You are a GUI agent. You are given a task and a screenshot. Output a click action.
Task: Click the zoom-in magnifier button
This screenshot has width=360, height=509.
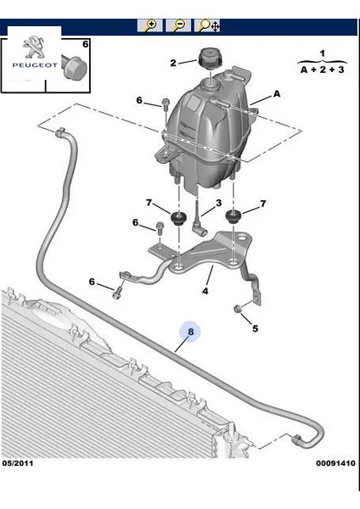point(149,25)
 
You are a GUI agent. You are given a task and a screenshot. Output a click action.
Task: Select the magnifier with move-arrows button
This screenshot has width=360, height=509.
point(207,25)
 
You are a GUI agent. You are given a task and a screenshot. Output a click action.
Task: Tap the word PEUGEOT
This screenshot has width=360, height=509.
point(35,65)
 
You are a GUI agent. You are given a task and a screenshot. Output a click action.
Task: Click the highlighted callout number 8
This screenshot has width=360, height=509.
point(190,332)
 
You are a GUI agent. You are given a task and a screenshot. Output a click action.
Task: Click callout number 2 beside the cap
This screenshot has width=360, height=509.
point(173,63)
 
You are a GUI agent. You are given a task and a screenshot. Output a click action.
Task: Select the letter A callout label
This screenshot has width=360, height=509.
point(277,94)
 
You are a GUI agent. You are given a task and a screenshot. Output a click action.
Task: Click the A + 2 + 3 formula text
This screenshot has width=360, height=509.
point(322,70)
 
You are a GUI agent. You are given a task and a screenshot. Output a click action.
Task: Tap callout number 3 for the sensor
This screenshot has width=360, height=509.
point(219,203)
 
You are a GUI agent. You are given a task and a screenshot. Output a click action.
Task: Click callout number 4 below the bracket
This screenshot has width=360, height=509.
point(205,291)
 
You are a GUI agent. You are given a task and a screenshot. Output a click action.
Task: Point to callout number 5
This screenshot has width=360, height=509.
point(255,328)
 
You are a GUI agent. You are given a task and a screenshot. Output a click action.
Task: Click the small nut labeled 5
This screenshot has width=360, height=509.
point(238,309)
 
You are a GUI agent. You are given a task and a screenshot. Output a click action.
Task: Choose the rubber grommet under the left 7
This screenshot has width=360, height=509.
point(177,218)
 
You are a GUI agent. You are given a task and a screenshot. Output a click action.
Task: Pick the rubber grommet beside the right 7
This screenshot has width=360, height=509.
point(233,216)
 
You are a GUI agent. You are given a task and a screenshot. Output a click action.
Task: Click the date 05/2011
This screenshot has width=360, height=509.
point(18,463)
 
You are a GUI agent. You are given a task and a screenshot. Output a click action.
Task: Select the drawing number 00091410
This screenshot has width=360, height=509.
point(335,463)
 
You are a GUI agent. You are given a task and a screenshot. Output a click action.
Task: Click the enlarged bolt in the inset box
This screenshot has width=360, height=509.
point(74,68)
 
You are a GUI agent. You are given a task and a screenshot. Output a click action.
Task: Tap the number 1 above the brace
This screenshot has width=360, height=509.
point(322,53)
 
